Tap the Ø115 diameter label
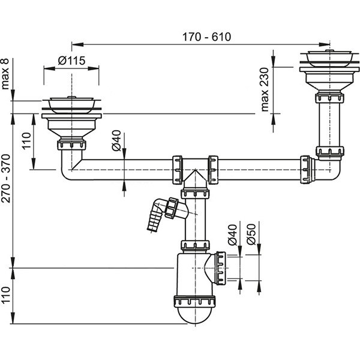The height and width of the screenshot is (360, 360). tap(71, 60)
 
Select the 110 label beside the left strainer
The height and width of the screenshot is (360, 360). tap(25, 142)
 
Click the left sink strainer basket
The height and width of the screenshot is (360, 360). tap(72, 106)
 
